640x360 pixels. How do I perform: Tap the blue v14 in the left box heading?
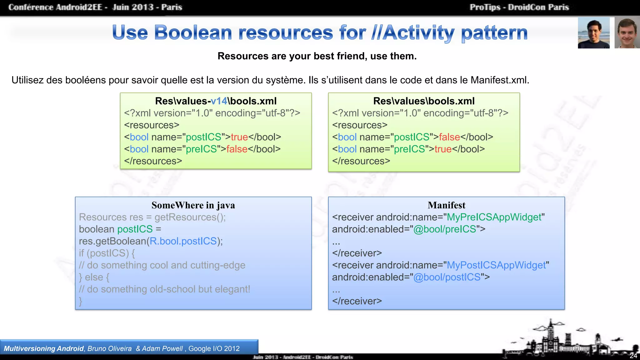click(219, 101)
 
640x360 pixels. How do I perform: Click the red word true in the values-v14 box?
click(239, 137)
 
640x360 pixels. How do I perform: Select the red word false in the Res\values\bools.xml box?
click(449, 137)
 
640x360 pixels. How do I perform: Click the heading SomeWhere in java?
click(193, 205)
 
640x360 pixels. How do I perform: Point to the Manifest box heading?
click(446, 205)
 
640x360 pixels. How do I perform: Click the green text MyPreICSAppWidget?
click(494, 217)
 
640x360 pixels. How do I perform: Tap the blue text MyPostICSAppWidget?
click(496, 265)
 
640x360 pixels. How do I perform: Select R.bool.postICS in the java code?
click(183, 241)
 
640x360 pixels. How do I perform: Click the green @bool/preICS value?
click(444, 229)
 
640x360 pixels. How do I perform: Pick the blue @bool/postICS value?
click(447, 277)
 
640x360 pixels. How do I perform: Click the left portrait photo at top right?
click(593, 33)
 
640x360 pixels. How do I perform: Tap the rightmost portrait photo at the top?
click(627, 33)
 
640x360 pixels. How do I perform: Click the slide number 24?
click(633, 356)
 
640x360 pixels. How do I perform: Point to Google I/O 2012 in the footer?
click(214, 349)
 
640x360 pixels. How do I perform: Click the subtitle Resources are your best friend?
click(317, 56)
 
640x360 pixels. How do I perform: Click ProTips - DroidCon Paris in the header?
click(519, 7)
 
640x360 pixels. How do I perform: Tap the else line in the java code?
click(94, 277)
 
